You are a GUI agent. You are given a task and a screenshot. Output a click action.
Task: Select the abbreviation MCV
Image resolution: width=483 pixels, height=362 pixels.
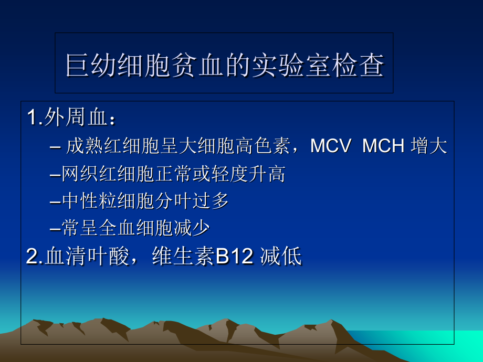coord(330,146)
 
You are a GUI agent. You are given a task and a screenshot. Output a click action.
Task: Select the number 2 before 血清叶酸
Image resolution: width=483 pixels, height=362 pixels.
coord(32,257)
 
